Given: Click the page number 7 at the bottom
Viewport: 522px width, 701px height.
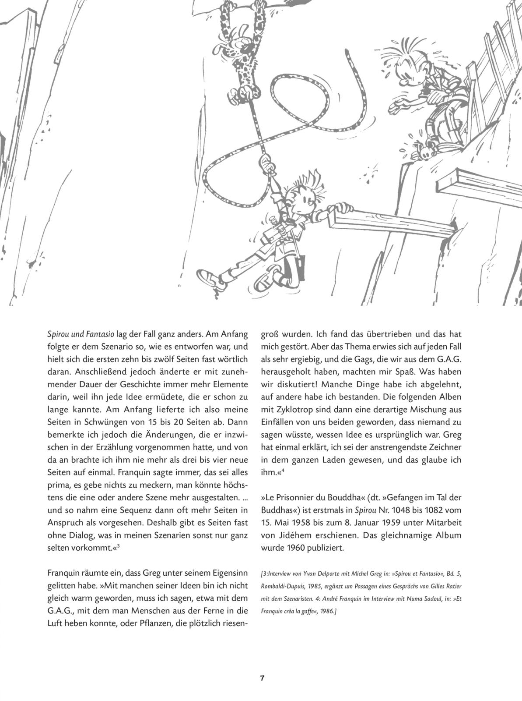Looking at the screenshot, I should (x=261, y=678).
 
